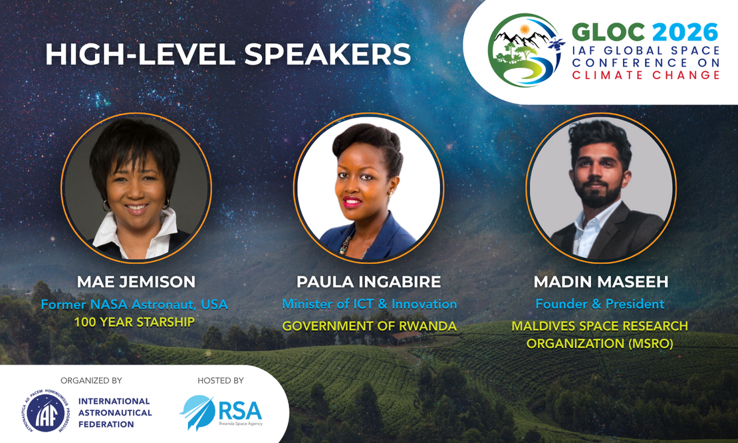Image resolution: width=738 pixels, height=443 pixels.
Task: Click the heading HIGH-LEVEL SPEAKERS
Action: [x=228, y=54]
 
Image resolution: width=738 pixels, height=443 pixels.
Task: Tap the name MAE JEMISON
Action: [x=136, y=281]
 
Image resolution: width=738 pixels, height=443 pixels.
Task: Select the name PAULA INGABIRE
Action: [x=368, y=281]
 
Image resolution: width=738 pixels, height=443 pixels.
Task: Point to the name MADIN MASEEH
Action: [x=600, y=281]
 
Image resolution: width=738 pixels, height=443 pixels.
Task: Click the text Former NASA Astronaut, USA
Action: [x=134, y=305]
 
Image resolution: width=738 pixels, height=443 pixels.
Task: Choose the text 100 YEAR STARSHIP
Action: [x=134, y=322]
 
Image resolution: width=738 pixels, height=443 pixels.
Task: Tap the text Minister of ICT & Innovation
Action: [x=370, y=304]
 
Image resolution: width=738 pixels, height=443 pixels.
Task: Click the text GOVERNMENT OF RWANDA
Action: [x=370, y=326]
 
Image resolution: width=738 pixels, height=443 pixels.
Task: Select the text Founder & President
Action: [x=600, y=304]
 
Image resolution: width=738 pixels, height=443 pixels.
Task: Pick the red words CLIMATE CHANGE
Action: [x=646, y=75]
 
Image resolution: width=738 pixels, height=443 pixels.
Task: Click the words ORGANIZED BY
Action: [x=91, y=380]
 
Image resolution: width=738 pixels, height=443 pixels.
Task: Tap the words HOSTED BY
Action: [x=220, y=380]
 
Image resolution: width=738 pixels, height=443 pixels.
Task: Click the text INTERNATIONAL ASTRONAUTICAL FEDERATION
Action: [x=115, y=413]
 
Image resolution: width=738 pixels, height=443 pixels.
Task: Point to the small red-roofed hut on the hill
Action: [x=408, y=337]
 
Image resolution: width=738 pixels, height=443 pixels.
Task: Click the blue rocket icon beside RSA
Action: [x=197, y=412]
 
